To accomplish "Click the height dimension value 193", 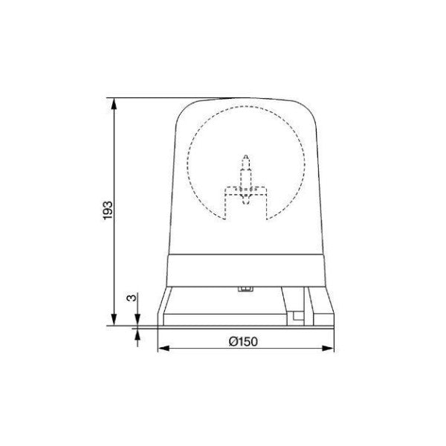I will pyautogui.click(x=106, y=210).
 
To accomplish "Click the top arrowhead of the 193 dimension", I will pyautogui.click(x=114, y=104).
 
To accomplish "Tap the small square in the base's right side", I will pyautogui.click(x=297, y=316).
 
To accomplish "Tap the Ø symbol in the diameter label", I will pyautogui.click(x=233, y=341).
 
